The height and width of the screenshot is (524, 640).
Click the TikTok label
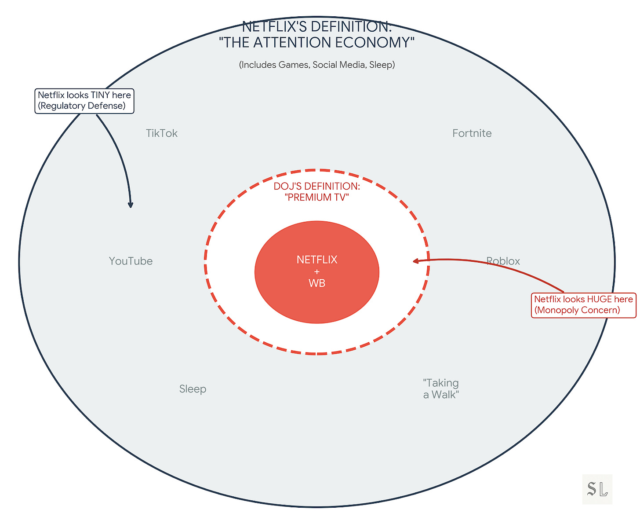pos(162,133)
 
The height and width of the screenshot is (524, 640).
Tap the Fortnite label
pos(472,133)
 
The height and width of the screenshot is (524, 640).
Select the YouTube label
pos(131,261)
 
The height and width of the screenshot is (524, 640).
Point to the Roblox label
pos(503,261)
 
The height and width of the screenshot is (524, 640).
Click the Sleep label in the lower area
pos(193,389)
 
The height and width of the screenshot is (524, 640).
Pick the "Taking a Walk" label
pos(441,388)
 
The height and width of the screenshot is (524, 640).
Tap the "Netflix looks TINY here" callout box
pos(84,101)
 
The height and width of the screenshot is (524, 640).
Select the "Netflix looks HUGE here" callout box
pos(583,305)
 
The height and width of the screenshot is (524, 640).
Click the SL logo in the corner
pos(597,489)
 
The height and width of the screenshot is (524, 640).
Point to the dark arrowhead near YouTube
pos(130,205)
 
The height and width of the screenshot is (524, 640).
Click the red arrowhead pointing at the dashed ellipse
pos(415,261)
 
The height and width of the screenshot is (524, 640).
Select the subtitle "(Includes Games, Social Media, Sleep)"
pos(316,65)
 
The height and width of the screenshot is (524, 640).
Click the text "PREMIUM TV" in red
pos(316,197)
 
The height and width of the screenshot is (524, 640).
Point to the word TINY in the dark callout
pos(101,95)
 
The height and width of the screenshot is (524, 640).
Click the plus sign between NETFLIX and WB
pos(316,271)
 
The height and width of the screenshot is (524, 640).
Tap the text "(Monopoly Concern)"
pos(577,310)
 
